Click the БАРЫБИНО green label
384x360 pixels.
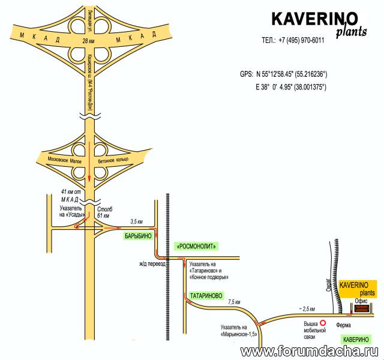pos(139,236)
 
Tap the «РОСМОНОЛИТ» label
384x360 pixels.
pos(196,246)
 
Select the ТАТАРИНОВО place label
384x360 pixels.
pos(206,296)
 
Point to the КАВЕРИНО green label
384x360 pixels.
pos(356,340)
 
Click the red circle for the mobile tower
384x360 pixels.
pos(323,323)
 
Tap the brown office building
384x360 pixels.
pos(361,308)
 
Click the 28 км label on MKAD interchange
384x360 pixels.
pos(88,41)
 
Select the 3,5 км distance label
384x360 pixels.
pos(136,222)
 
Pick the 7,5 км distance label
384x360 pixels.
pos(234,302)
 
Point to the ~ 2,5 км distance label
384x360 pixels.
pos(307,309)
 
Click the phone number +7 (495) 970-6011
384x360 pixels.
pos(301,40)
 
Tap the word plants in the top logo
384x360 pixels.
pos(352,32)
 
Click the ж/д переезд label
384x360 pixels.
pos(152,264)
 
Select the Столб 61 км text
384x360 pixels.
pos(105,212)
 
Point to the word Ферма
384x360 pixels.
pos(343,325)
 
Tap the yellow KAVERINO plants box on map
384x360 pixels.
pos(358,289)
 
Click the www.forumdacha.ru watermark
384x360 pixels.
pos(309,352)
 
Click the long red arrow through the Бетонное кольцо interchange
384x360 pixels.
pos(89,161)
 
